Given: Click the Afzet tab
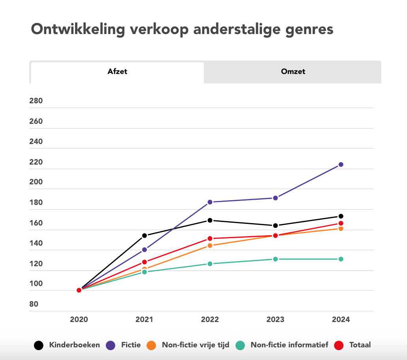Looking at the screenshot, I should pos(117,72).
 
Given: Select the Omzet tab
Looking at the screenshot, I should pos(293,72).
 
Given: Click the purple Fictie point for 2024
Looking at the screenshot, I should pos(341,165).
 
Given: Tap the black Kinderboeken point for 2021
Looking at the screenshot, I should pos(144,235).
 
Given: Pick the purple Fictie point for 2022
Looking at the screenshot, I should pos(210,202).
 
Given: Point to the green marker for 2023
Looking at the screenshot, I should pos(275,259).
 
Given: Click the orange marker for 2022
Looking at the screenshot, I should pos(210,246).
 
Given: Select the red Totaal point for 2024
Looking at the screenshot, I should pos(341,224).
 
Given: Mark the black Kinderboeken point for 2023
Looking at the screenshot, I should pos(275,225).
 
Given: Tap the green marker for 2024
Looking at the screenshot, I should pos(341,259).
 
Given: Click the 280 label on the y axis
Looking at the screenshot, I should pos(36,101).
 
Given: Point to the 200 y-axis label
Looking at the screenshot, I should pos(36,182).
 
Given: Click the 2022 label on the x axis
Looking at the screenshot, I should pos(210,320).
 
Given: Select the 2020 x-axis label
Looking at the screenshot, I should pos(79,320).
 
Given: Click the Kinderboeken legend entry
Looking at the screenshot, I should pos(74,345).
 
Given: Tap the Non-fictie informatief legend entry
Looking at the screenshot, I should pos(289,345).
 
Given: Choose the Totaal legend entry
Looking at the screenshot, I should pos(360,345).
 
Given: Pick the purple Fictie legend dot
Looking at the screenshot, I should pos(111,345).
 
